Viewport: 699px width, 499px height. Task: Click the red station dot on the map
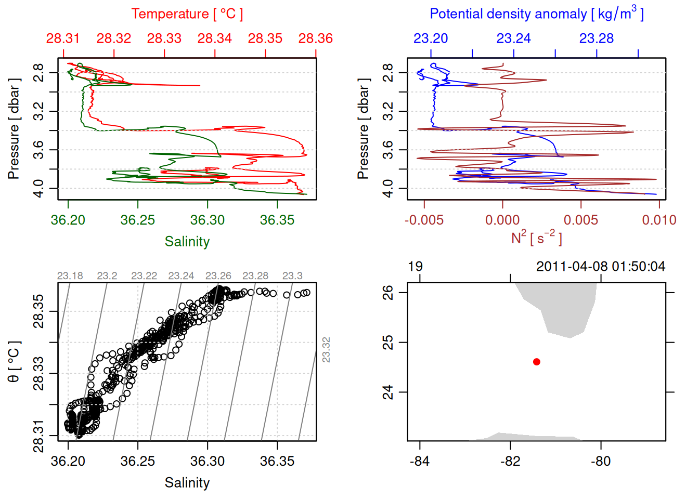(537, 362)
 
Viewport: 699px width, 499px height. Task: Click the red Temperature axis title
(187, 14)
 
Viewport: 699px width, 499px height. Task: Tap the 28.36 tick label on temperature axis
(315, 38)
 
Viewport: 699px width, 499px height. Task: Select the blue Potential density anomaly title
(536, 14)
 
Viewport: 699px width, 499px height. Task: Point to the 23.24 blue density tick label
(513, 38)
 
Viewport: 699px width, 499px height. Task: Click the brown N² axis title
(536, 238)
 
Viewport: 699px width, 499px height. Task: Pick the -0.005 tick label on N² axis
(424, 220)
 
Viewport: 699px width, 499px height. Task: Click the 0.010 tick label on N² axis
(659, 220)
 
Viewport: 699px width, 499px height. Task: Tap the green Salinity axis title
(187, 242)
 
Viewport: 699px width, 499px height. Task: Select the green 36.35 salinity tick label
(277, 220)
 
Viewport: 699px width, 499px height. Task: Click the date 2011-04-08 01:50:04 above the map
(601, 267)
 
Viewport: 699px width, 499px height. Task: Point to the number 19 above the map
(415, 267)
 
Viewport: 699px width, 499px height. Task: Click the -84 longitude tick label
(420, 461)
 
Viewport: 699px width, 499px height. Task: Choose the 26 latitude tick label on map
(388, 292)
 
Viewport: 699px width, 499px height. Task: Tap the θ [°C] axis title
(14, 362)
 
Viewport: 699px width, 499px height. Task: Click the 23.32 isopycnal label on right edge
(326, 350)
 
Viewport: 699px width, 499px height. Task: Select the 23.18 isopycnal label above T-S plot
(70, 276)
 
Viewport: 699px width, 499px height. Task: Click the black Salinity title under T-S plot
(187, 483)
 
